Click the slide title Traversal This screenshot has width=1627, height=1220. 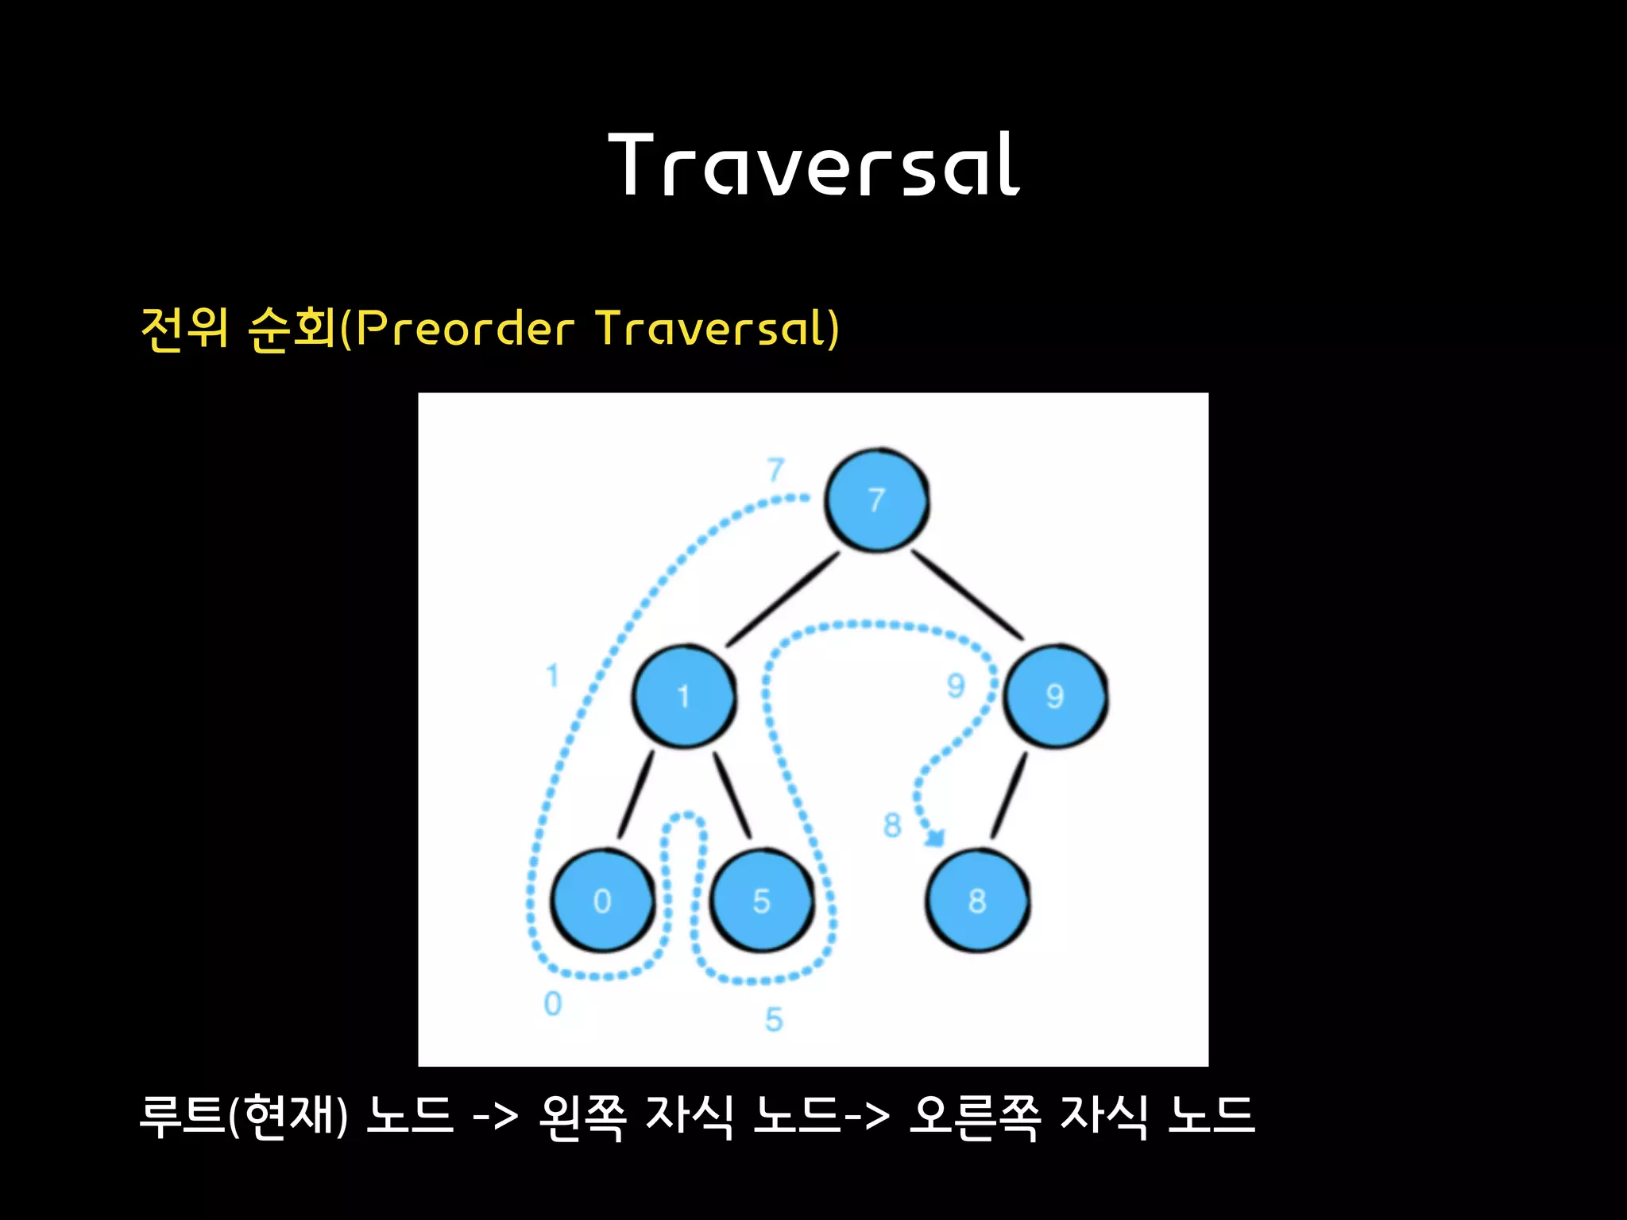pos(813,165)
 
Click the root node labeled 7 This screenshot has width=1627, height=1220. pos(876,500)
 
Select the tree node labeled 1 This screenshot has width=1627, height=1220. pos(683,697)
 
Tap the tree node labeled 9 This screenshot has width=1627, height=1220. pos(1055,697)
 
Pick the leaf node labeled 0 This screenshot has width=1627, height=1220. pos(602,901)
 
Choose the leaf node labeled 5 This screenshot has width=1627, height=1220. pos(762,901)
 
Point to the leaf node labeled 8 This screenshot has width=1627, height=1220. pos(977,901)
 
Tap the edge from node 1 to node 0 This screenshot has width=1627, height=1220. pos(636,795)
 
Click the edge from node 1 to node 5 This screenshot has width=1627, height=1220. pos(732,795)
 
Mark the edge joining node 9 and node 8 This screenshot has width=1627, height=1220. pos(1009,795)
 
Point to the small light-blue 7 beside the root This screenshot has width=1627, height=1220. pos(775,470)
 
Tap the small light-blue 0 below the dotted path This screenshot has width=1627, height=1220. pos(553,1005)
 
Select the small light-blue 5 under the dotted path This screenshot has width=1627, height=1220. pos(774,1020)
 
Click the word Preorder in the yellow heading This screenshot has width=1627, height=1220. pos(465,328)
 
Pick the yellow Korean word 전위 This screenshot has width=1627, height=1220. pos(184,328)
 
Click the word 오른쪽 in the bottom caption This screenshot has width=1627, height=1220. pos(975,1116)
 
